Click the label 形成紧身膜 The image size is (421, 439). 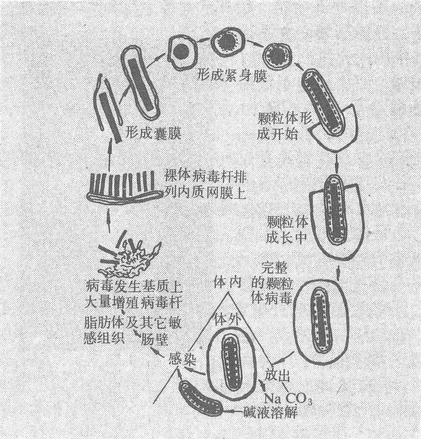[x=232, y=75]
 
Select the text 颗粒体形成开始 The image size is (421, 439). [x=285, y=126]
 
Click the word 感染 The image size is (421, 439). [x=182, y=358]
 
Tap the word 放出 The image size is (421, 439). [x=278, y=375]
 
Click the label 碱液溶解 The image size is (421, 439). [x=270, y=412]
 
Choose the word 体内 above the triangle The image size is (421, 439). [x=227, y=282]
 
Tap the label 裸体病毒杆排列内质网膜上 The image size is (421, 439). [x=205, y=185]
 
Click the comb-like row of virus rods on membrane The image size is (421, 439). [x=124, y=186]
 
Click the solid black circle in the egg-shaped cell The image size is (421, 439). [x=180, y=51]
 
